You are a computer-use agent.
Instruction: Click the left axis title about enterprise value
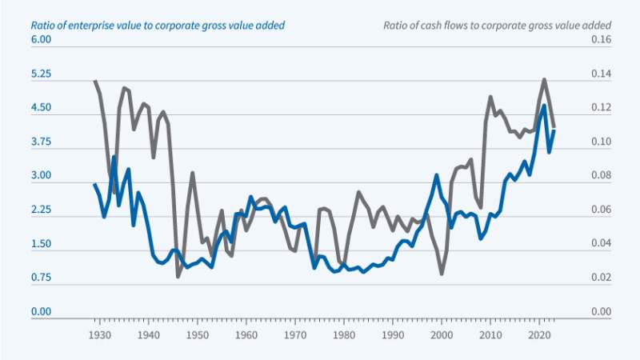point(158,25)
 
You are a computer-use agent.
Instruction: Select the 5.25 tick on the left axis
point(41,74)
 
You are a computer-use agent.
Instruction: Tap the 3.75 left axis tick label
point(41,142)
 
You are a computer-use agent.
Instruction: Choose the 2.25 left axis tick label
point(41,210)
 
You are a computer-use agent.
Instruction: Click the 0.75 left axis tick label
point(41,278)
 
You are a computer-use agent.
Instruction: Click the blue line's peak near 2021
point(545,106)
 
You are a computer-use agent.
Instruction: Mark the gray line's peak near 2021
point(545,79)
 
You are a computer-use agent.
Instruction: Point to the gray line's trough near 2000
point(442,274)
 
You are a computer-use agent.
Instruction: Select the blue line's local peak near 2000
point(437,175)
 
